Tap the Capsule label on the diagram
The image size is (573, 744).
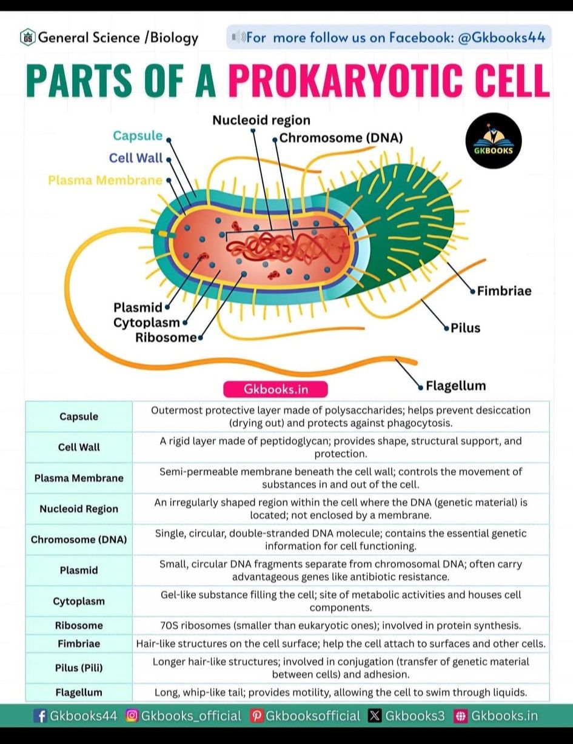click(138, 136)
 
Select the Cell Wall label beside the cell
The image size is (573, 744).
click(136, 158)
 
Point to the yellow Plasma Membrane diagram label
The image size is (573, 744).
click(105, 180)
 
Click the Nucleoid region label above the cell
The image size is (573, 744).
click(261, 120)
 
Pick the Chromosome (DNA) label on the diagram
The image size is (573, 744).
click(341, 138)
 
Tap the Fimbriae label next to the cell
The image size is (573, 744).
click(504, 291)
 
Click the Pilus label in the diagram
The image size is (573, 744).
click(465, 328)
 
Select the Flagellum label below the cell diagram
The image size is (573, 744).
click(455, 386)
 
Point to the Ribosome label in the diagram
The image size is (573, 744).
click(166, 338)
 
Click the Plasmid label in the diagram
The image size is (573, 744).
click(138, 307)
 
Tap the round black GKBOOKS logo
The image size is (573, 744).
click(494, 141)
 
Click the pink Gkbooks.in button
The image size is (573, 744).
click(275, 389)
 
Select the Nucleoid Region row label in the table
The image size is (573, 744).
click(79, 509)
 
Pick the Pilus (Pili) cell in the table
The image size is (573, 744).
click(79, 668)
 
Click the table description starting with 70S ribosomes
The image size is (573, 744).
click(341, 626)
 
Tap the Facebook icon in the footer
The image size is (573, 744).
click(41, 716)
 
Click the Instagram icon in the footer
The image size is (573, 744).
click(132, 716)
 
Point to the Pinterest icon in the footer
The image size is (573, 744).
click(256, 716)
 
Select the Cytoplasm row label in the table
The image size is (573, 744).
click(79, 602)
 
